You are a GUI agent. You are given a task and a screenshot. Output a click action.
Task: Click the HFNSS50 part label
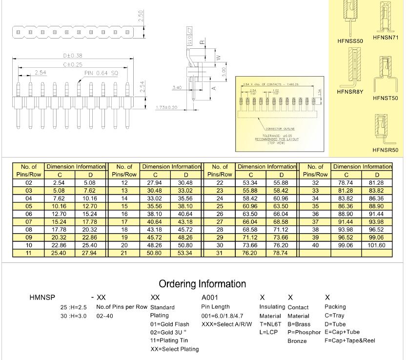coord(350,41)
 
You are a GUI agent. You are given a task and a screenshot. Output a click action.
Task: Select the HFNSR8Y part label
coord(350,91)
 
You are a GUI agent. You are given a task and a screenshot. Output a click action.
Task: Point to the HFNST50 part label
coord(386,98)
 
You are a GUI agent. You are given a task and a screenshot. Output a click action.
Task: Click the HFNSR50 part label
coord(386,150)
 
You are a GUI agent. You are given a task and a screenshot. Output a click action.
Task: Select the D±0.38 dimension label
coord(72,56)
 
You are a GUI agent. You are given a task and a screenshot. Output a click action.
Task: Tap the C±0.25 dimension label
coord(72,64)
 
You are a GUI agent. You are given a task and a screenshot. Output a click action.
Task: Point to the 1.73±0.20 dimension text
coord(167,107)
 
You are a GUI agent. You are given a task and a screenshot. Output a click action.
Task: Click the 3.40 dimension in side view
coord(177,88)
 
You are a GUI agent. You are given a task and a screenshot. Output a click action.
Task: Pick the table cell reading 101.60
coord(377,245)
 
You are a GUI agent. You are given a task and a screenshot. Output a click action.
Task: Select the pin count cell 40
coord(315,245)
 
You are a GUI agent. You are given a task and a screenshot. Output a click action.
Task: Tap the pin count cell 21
coord(124,253)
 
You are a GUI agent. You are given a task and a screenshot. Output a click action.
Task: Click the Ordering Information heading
coord(203,284)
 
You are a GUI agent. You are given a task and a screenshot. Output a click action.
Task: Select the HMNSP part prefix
coord(42,297)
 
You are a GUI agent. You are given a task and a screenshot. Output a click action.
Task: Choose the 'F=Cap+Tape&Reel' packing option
coord(349,340)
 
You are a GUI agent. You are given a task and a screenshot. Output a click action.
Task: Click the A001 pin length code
coord(210,297)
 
